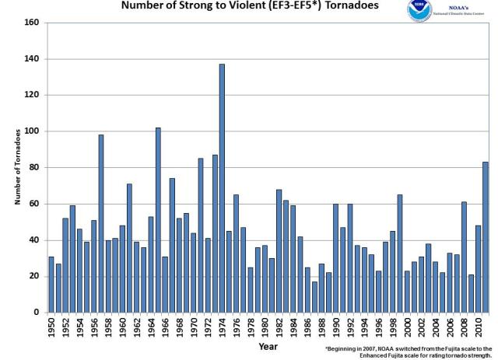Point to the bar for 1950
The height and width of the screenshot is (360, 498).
click(51, 285)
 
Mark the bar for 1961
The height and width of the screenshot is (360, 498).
click(129, 248)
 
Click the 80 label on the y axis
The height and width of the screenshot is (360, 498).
click(35, 167)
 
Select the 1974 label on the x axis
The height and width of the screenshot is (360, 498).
click(222, 327)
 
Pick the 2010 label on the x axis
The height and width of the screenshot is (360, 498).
click(478, 327)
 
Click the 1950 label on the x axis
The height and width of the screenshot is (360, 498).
click(51, 327)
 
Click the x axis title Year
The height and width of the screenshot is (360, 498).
click(268, 347)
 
